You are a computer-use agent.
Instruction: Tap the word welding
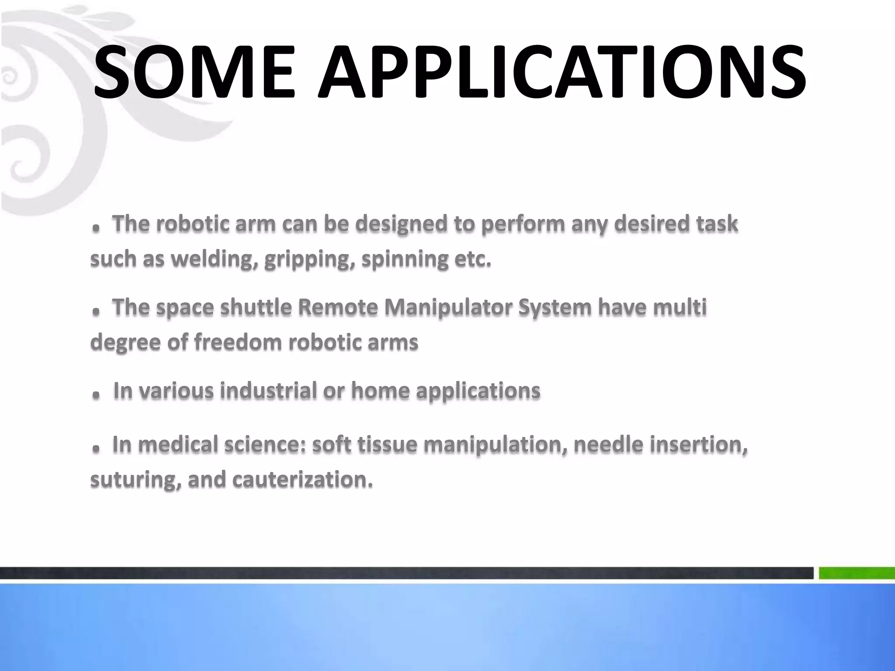point(212,259)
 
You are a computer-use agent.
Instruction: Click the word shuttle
point(256,307)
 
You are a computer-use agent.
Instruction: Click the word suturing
point(136,480)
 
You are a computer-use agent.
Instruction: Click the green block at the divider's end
point(857,573)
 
